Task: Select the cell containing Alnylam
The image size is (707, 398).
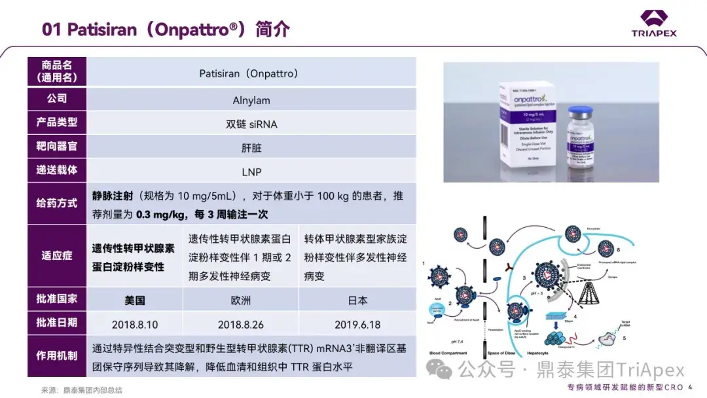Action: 251,100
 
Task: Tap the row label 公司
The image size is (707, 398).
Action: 57,98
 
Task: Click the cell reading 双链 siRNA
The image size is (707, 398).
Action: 251,124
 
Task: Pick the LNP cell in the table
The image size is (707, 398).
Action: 251,170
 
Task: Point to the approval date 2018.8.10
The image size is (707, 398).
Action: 135,324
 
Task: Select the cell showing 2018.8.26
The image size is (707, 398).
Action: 240,324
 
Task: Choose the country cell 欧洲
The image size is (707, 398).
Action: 240,300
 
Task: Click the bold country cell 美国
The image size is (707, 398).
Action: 135,300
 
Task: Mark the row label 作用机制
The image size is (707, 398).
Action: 57,356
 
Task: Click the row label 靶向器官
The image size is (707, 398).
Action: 57,145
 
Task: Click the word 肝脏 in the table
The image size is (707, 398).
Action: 251,147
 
